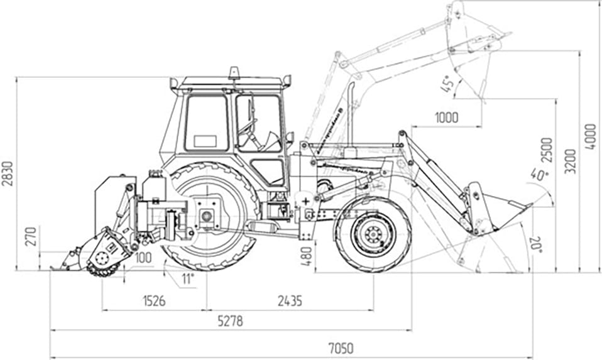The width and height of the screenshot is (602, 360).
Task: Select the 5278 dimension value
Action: pos(230,321)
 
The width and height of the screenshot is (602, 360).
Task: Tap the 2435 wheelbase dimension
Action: pos(289,302)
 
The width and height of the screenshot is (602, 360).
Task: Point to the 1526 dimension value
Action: pos(153,302)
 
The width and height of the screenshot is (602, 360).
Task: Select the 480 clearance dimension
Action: pos(306,254)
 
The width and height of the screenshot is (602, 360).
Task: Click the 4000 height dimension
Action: pos(590,136)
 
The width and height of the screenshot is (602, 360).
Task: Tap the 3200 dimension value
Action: pos(569,161)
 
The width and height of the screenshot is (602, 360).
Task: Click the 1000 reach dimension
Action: pos(446,117)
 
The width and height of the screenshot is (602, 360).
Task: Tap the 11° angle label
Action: pos(187,278)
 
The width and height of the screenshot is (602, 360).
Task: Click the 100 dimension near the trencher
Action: pos(143,257)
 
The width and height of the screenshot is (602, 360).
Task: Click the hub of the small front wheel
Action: pos(373,234)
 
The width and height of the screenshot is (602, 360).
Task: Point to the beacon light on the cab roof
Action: pos(234,72)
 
